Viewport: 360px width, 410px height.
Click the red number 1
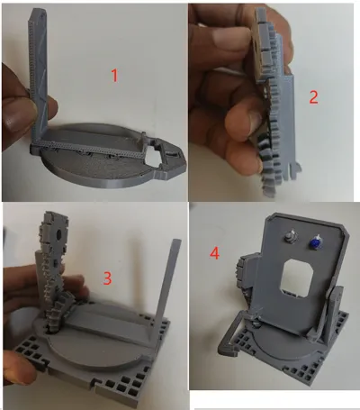pyautogui.click(x=114, y=76)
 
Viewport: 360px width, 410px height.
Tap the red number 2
pyautogui.click(x=313, y=97)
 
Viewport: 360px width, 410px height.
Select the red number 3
pyautogui.click(x=107, y=278)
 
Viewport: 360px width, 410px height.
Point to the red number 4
pyautogui.click(x=214, y=254)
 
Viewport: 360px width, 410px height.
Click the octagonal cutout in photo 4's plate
pyautogui.click(x=298, y=276)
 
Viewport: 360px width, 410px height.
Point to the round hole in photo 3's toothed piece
pyautogui.click(x=59, y=233)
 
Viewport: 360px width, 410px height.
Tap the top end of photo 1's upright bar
pyautogui.click(x=39, y=12)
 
